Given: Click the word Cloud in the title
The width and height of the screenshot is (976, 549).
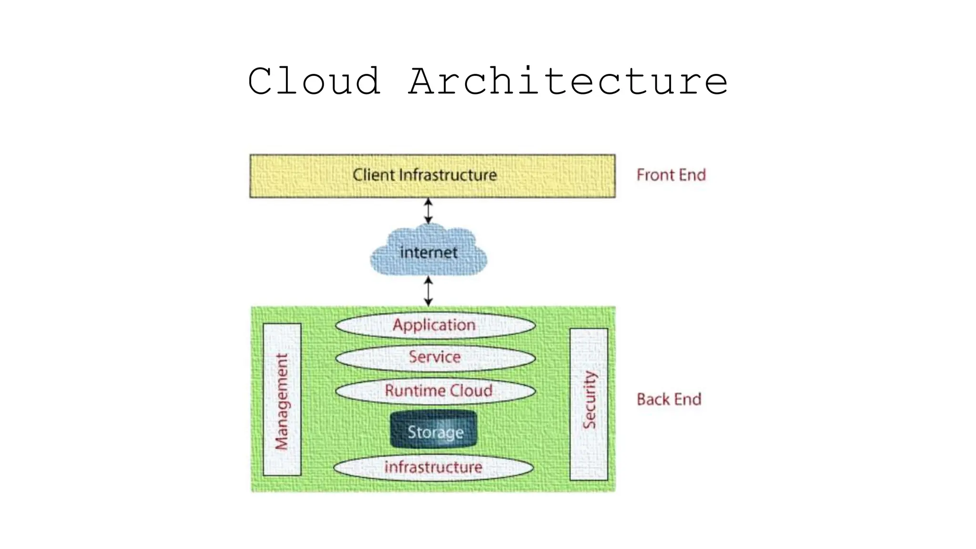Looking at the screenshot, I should (315, 81).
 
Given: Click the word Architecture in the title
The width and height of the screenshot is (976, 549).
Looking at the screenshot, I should (568, 81).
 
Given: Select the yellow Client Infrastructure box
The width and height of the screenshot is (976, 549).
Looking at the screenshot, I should (432, 176).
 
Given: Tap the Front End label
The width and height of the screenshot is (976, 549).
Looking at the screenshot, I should (671, 175).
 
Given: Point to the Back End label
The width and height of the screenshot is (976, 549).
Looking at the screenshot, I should (669, 399).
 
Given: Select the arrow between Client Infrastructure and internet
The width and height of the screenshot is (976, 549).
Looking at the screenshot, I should (428, 211).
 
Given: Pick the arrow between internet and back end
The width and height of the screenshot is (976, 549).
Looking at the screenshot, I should (428, 291).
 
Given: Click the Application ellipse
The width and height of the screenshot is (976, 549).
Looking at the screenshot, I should (435, 325).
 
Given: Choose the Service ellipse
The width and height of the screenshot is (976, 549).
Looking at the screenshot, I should (435, 357).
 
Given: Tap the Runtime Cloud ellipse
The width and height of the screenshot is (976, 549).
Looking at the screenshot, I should (435, 391).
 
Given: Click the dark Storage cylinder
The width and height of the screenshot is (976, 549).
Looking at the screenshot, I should (434, 430).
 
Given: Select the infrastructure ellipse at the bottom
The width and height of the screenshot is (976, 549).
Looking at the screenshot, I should (433, 468).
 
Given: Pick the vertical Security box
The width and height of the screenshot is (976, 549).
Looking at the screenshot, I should (589, 404).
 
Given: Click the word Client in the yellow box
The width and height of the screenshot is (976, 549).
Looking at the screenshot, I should (374, 175).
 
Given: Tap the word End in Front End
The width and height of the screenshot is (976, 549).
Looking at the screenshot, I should (692, 175).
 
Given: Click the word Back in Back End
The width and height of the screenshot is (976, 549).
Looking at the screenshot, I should (652, 399).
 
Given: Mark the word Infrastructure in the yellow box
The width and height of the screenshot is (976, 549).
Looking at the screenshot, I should (447, 175).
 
